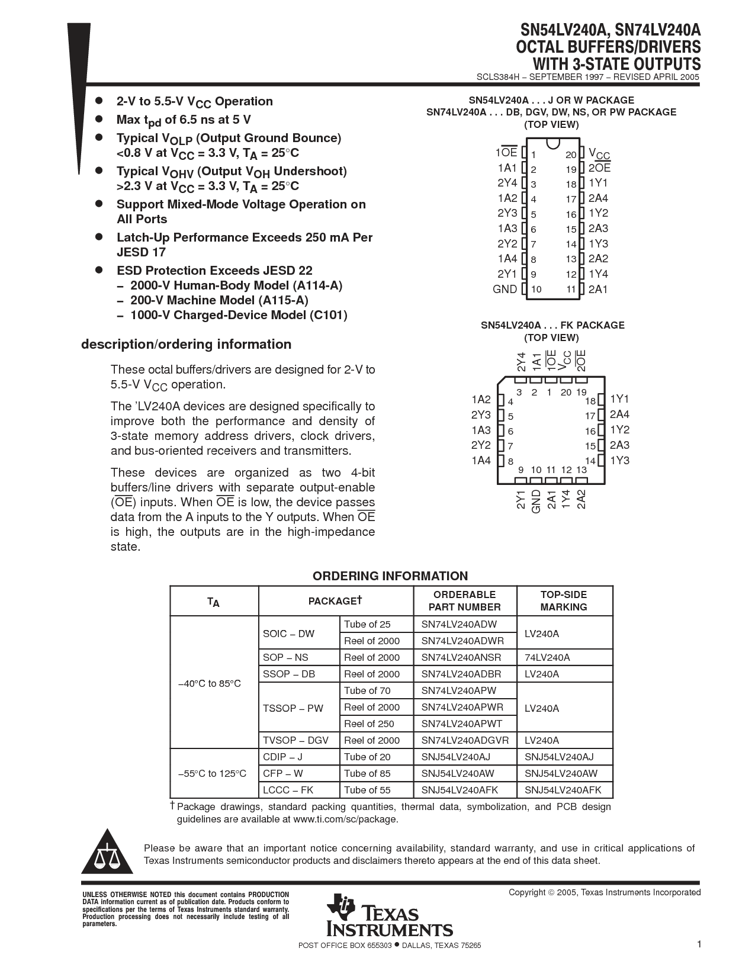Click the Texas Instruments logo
click(388, 915)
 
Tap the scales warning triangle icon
click(107, 854)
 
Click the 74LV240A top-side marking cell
click(547, 657)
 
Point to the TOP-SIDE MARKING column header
click(564, 600)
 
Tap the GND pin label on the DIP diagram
click(505, 289)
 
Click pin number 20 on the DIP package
click(571, 155)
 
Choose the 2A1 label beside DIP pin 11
click(598, 289)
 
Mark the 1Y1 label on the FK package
click(619, 399)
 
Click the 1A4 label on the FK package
click(481, 461)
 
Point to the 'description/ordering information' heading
click(186, 345)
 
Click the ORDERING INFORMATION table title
click(390, 576)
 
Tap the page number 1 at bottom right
click(699, 944)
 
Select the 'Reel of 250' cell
click(369, 724)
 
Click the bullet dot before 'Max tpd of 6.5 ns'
click(99, 119)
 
